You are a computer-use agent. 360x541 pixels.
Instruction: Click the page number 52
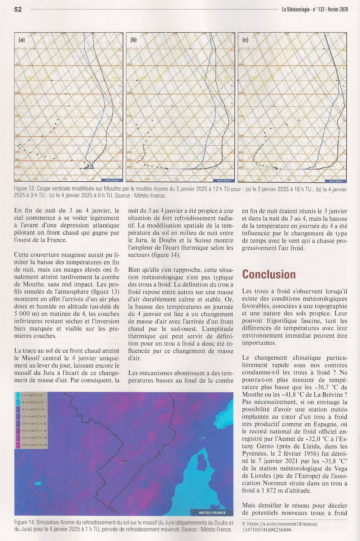click(18, 9)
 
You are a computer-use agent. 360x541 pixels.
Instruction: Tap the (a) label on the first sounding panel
click(22, 40)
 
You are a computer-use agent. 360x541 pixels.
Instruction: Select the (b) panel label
click(134, 40)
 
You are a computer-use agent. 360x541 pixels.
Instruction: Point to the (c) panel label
click(246, 40)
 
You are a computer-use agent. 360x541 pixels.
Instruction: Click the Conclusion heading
click(269, 274)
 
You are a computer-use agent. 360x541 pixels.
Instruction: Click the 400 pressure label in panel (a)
click(18, 64)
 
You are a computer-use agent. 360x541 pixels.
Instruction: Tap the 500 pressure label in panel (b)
click(130, 93)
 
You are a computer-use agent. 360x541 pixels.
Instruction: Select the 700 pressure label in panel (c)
click(241, 136)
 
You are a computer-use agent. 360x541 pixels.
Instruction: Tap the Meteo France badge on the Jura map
click(212, 513)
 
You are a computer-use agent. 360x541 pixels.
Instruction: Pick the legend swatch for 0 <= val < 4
click(18, 395)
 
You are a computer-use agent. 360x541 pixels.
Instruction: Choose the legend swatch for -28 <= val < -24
click(18, 445)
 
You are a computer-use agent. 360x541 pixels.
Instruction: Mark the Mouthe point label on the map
click(125, 461)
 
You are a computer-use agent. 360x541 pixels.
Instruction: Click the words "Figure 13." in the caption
click(24, 189)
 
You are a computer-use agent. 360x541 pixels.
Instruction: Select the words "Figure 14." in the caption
click(24, 523)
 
